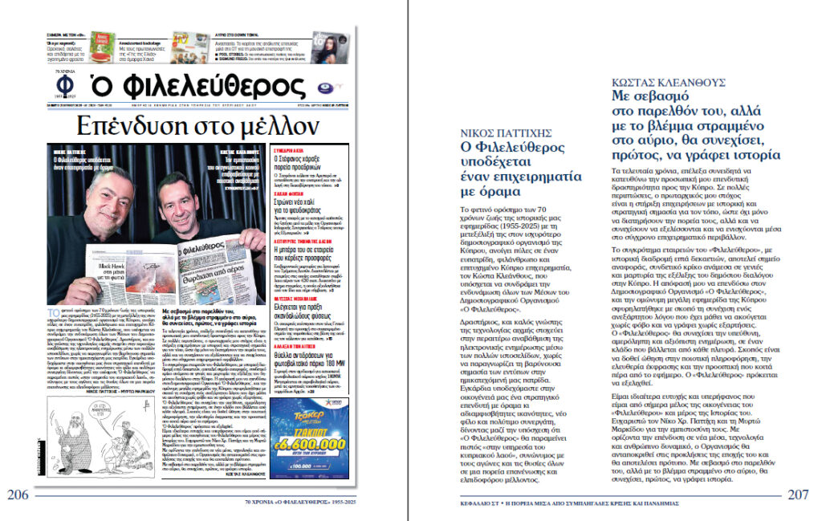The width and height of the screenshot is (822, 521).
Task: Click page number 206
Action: pos(18,495)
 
